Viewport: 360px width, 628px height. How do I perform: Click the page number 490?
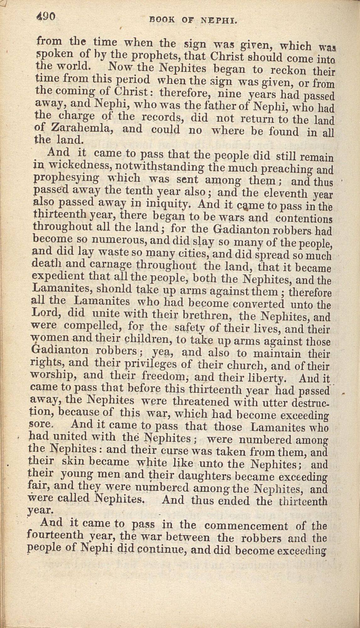pos(46,17)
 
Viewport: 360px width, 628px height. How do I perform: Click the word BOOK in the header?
pos(162,21)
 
